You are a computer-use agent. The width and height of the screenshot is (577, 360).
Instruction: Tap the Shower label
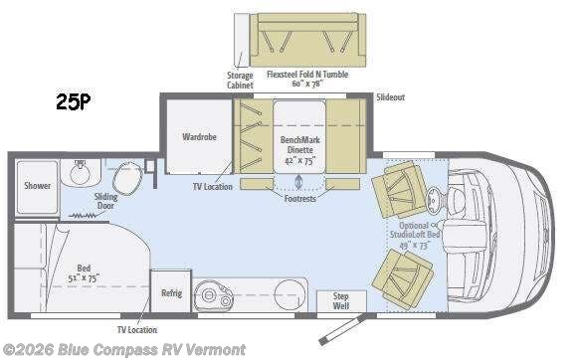tap(38, 185)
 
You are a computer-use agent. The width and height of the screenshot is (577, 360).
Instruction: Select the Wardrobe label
tap(200, 136)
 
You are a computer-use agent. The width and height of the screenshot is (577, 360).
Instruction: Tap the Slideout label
tap(390, 96)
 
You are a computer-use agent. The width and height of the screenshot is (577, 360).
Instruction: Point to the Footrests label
tap(300, 200)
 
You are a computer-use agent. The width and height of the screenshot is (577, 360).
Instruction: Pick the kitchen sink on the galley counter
tap(212, 294)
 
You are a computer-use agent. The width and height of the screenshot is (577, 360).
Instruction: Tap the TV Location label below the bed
tap(136, 329)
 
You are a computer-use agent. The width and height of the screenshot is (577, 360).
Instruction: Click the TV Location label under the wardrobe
tap(212, 186)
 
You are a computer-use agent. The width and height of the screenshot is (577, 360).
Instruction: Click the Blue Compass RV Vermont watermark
tap(125, 349)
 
